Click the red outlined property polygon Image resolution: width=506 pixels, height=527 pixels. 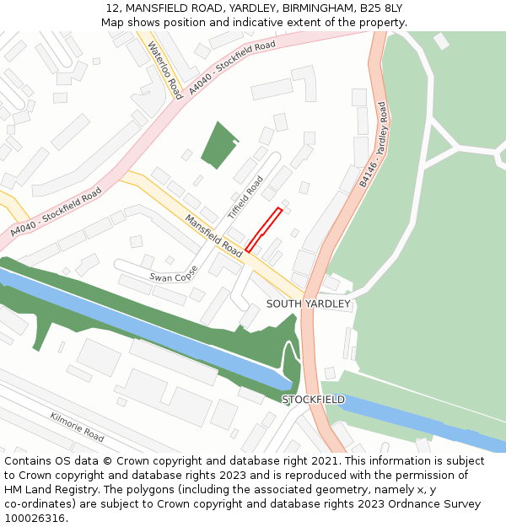[263, 229]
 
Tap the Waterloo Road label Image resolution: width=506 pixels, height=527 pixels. [164, 69]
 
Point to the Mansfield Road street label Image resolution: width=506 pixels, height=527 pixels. [214, 235]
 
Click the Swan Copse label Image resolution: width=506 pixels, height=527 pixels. [173, 276]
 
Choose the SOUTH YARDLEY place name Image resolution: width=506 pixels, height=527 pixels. [308, 304]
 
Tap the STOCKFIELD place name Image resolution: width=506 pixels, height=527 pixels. [313, 399]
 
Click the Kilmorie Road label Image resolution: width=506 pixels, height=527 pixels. [77, 427]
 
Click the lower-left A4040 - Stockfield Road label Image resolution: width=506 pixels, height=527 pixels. [56, 212]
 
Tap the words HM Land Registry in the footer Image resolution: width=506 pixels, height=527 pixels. [44, 489]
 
